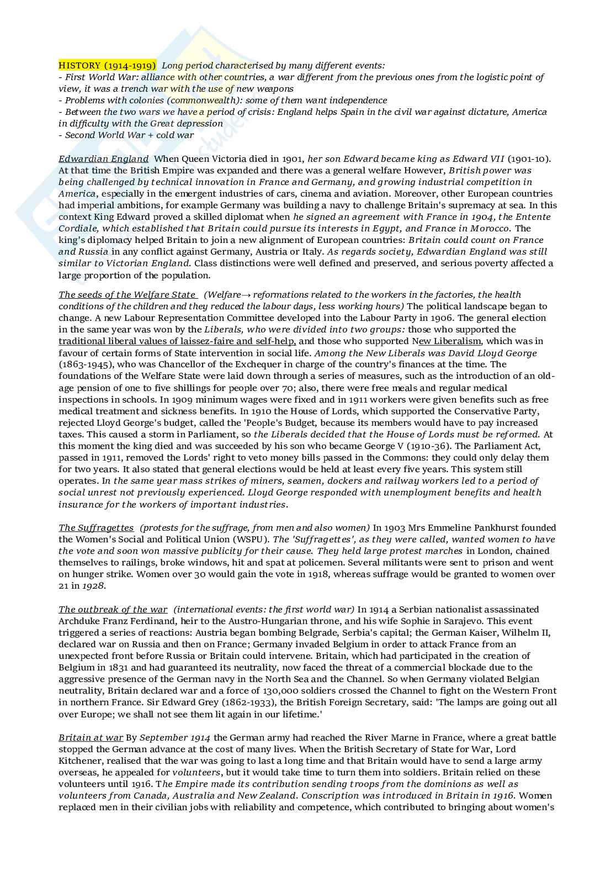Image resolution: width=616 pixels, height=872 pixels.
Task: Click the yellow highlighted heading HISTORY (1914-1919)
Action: (x=108, y=65)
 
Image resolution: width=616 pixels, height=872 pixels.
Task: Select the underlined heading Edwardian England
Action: (x=103, y=158)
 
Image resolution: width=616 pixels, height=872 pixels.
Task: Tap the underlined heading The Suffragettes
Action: (x=96, y=527)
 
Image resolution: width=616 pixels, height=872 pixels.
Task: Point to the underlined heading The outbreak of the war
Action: (x=113, y=609)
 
